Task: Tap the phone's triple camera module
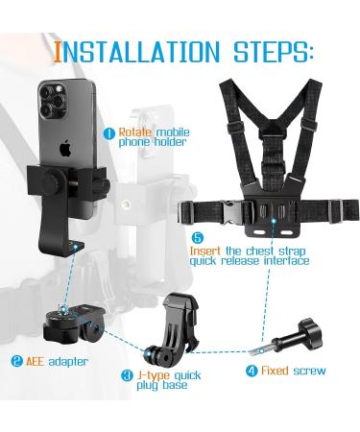(x=52, y=100)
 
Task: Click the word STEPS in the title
(x=273, y=52)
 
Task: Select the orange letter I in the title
(x=58, y=52)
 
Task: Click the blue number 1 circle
(x=109, y=133)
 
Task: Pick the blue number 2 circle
(x=16, y=361)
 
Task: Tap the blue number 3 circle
(x=128, y=375)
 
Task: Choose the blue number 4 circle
(x=252, y=371)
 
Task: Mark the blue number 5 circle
(x=198, y=238)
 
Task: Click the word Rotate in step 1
(x=135, y=132)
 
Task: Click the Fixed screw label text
(x=294, y=371)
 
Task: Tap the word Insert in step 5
(x=205, y=251)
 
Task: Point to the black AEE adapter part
(x=74, y=323)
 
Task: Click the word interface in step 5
(x=286, y=261)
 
